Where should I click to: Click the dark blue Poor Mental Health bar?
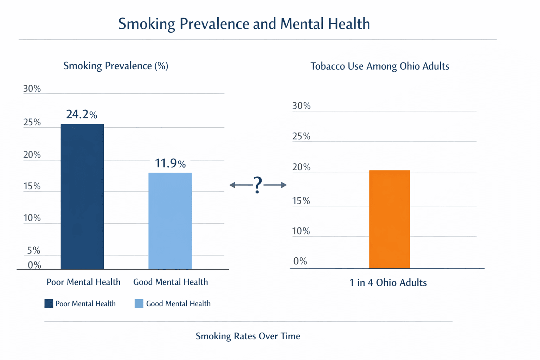[x=82, y=197]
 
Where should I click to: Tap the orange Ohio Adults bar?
[x=390, y=219]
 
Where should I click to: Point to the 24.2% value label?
[x=82, y=114]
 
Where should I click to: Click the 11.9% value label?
[x=170, y=163]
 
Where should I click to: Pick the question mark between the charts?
[x=258, y=185]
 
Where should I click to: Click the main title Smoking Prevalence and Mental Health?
[x=244, y=24]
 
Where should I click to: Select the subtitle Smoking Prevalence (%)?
[x=116, y=66]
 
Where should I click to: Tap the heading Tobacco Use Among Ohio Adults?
[x=380, y=66]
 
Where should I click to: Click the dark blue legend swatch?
[x=49, y=303]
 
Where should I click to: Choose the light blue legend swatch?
[x=139, y=303]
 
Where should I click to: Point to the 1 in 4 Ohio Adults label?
[x=388, y=283]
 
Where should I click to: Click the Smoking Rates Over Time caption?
[x=248, y=336]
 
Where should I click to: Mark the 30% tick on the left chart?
[x=32, y=89]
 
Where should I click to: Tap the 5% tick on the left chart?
[x=33, y=250]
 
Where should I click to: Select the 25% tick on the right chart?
[x=301, y=136]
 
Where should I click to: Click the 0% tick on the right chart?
[x=300, y=261]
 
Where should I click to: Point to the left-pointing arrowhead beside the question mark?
[x=232, y=185]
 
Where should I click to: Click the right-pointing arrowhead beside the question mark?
[x=284, y=185]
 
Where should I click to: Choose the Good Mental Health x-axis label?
[x=171, y=282]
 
